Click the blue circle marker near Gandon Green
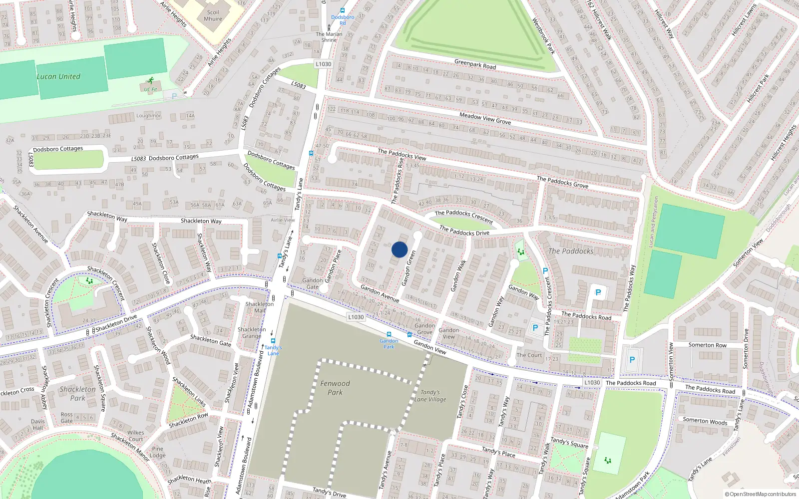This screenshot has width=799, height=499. pyautogui.click(x=399, y=249)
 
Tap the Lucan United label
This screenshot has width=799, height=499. pyautogui.click(x=58, y=76)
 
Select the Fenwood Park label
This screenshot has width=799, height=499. pyautogui.click(x=335, y=388)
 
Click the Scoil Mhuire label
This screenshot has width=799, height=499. pyautogui.click(x=213, y=15)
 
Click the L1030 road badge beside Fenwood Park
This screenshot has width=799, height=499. pyautogui.click(x=356, y=317)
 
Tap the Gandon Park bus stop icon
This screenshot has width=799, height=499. pyautogui.click(x=389, y=334)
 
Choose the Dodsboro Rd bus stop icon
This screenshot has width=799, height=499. pyautogui.click(x=343, y=10)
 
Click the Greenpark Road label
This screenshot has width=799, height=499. pyautogui.click(x=475, y=64)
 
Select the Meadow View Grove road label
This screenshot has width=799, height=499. pyautogui.click(x=485, y=118)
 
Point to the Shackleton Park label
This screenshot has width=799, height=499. pyautogui.click(x=77, y=393)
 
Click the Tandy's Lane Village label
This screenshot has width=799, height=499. pyautogui.click(x=430, y=396)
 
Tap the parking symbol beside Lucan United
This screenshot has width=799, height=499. pyautogui.click(x=174, y=96)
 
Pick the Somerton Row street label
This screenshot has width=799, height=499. pyautogui.click(x=707, y=345)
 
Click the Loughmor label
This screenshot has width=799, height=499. pyautogui.click(x=149, y=115)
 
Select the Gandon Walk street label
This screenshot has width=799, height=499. pyautogui.click(x=458, y=275)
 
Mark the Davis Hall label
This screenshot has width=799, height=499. pyautogui.click(x=38, y=424)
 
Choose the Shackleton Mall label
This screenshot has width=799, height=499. pyautogui.click(x=260, y=307)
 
